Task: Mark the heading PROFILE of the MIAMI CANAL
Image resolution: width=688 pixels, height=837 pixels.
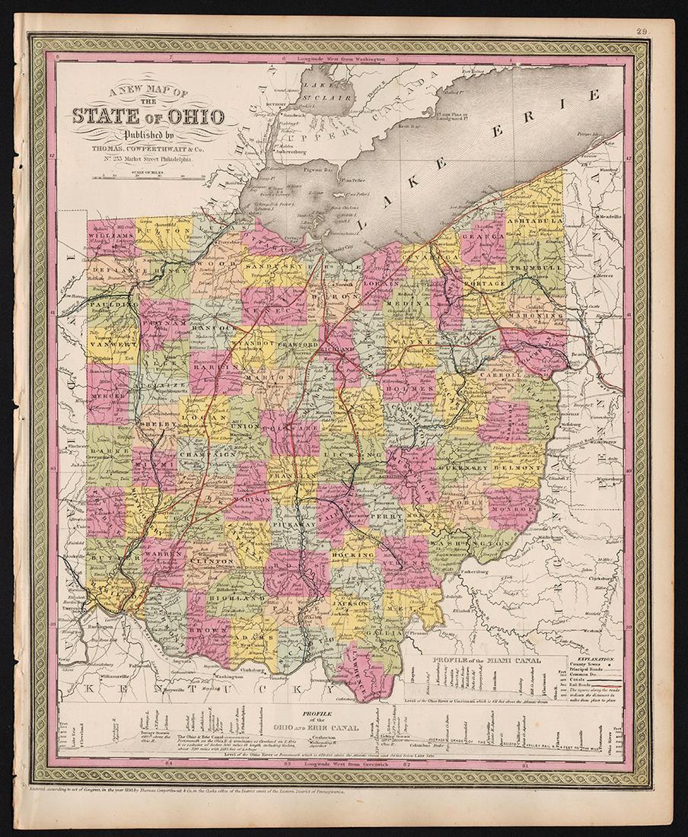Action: tap(486, 660)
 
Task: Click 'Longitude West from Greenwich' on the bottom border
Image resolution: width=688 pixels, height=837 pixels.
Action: tap(344, 762)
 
